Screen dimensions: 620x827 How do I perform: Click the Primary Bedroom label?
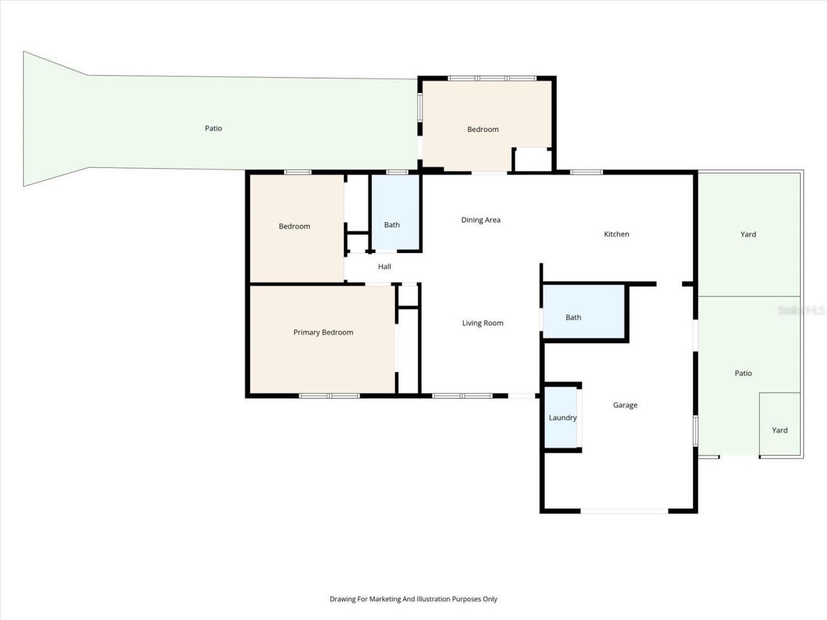click(x=323, y=333)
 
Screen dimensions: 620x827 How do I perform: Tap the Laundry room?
click(x=562, y=418)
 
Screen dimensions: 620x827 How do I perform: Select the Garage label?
click(x=625, y=406)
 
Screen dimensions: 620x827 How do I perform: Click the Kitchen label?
click(x=616, y=234)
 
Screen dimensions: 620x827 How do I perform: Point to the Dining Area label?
click(x=481, y=220)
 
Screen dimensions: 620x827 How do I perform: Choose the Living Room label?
click(x=483, y=324)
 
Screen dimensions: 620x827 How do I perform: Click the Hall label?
click(x=384, y=267)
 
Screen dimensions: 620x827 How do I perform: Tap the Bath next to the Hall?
click(x=392, y=225)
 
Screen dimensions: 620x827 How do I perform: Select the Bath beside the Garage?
click(x=573, y=318)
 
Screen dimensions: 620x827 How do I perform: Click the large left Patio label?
click(x=213, y=129)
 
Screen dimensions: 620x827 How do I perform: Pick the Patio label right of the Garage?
click(x=743, y=373)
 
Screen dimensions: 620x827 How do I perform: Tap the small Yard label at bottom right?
click(x=780, y=431)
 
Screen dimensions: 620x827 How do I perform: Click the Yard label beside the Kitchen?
click(x=748, y=234)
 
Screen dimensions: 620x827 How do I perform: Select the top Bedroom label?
click(x=483, y=130)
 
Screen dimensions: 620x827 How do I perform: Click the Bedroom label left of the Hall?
click(x=295, y=227)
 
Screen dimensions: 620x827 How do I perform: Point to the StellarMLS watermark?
click(x=801, y=311)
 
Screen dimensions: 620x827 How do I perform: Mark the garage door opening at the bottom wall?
click(x=624, y=511)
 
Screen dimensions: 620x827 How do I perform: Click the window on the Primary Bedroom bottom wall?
click(x=330, y=395)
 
